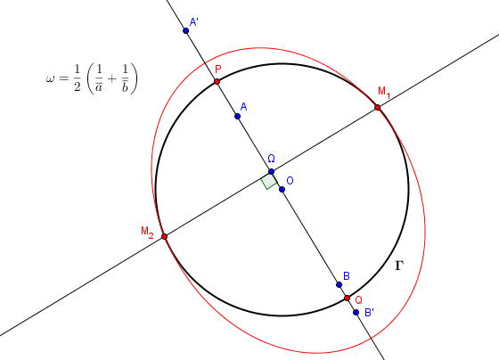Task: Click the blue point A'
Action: (186, 30)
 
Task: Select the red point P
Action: (217, 81)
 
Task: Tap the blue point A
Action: (237, 116)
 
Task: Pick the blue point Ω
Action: (271, 172)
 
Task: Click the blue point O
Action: (282, 190)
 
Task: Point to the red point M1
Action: (378, 107)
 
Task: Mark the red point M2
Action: (165, 236)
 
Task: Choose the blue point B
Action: (339, 284)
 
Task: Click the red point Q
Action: (348, 299)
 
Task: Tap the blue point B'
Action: (356, 313)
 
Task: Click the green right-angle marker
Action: (269, 181)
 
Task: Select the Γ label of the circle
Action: (399, 266)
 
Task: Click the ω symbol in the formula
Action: (50, 78)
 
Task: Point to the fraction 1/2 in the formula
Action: (77, 78)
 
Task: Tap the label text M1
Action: (384, 92)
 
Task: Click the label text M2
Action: (147, 232)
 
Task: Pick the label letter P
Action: (218, 70)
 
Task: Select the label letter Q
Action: (358, 300)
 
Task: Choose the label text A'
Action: (194, 22)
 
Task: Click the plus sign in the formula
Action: (112, 78)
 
